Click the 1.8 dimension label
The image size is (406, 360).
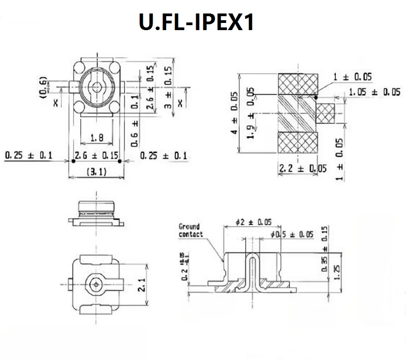pyautogui.click(x=97, y=138)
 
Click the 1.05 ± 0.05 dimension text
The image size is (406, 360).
pyautogui.click(x=374, y=92)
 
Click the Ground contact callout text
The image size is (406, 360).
pyautogui.click(x=190, y=230)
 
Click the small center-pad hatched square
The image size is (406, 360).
pyautogui.click(x=326, y=113)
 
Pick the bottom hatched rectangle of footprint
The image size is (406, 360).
pyautogui.click(x=299, y=142)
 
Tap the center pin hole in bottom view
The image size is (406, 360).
pyautogui.click(x=95, y=284)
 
